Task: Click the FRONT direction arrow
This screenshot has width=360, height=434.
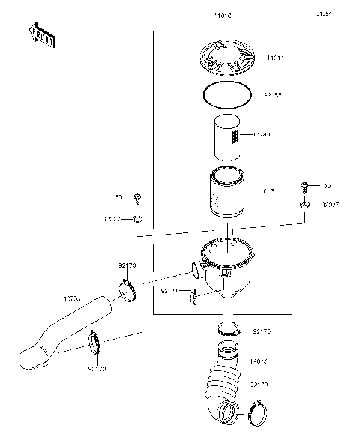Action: [x=41, y=35]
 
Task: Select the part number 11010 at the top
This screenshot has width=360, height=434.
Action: [x=224, y=15]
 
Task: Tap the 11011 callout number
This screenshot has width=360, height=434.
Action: [x=274, y=57]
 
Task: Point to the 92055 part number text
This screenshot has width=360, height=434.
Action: [x=273, y=97]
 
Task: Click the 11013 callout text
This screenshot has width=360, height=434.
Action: [x=265, y=192]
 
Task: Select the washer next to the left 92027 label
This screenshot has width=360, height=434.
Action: [x=137, y=220]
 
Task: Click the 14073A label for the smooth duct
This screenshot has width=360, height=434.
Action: [x=90, y=299]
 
